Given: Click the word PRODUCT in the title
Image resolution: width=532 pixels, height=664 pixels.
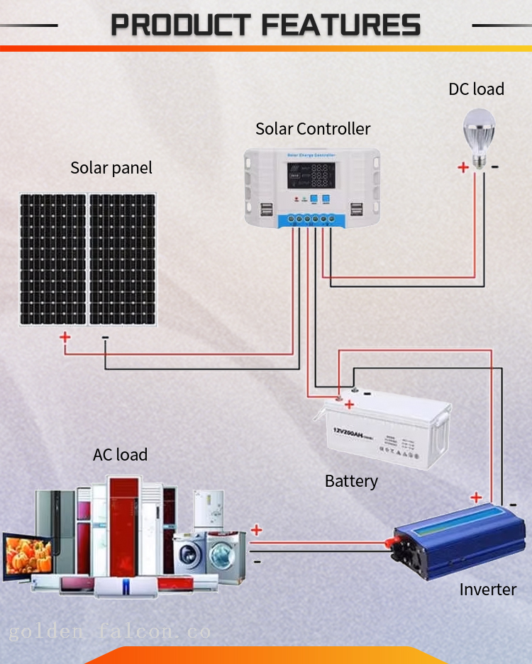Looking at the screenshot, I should pos(182,26).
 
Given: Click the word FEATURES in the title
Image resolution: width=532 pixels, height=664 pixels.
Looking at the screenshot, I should pos(340,26).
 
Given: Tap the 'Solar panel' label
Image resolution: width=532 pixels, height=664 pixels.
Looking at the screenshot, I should pos(111,168).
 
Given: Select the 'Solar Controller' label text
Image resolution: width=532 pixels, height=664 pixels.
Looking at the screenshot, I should pos(313,128).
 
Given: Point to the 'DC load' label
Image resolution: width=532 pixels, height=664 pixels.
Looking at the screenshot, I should pos(476,89).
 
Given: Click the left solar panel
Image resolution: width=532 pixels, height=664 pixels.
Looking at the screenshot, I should pos(52,259).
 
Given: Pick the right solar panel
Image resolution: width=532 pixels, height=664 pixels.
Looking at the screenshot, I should pos(122,259).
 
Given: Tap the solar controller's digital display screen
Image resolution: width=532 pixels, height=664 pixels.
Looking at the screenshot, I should pos(311,176).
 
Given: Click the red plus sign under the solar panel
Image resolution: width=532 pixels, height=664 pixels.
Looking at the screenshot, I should pos(65,337).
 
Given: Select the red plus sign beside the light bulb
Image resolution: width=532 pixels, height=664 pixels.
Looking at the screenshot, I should pos(462,168).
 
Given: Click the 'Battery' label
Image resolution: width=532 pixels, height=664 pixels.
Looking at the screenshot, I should pos(351,481).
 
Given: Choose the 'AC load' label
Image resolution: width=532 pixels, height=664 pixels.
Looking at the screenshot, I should pos(121,454).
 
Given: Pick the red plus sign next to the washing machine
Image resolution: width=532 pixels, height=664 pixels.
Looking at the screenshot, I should pos(256,530).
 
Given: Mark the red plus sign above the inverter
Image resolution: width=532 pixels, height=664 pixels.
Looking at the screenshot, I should pos(476,497).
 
